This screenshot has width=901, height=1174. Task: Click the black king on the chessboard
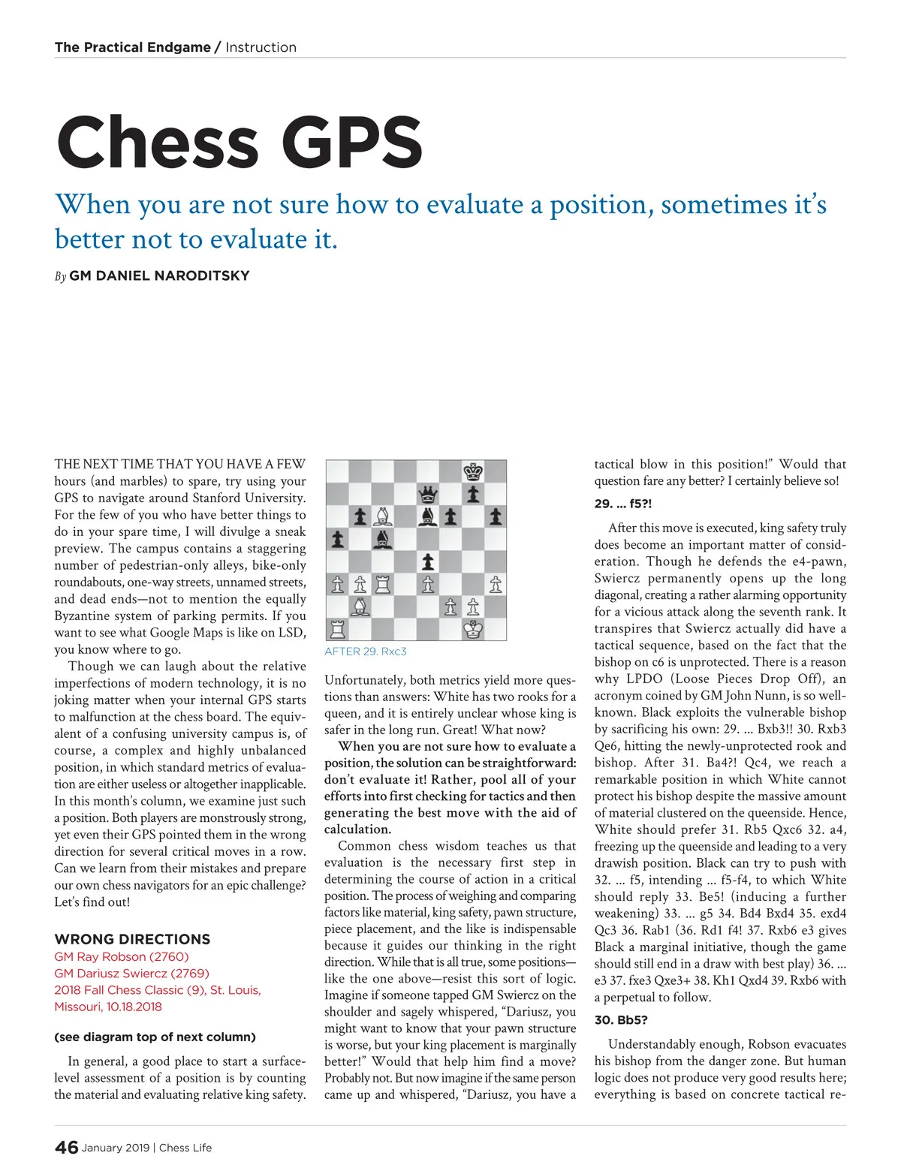(473, 472)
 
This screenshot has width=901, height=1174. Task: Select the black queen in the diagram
(427, 495)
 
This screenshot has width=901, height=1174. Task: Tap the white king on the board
(473, 629)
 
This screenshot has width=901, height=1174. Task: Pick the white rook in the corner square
(338, 629)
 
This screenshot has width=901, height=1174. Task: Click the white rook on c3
(383, 584)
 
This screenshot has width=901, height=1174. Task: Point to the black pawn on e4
(428, 561)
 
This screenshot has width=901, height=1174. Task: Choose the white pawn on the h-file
(496, 584)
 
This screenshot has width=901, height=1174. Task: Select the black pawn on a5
(338, 539)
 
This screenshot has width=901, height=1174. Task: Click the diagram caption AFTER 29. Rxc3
(366, 652)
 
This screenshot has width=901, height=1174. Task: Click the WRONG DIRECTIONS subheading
(132, 939)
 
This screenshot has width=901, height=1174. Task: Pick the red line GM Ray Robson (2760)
(122, 956)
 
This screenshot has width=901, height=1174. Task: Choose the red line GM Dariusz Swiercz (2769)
(131, 974)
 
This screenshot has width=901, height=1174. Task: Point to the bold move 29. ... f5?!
(623, 504)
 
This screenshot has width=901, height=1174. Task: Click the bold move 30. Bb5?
(620, 1020)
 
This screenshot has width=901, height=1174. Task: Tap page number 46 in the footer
(66, 1147)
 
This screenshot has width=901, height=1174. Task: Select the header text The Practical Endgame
(132, 47)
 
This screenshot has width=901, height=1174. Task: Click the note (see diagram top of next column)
(155, 1037)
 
